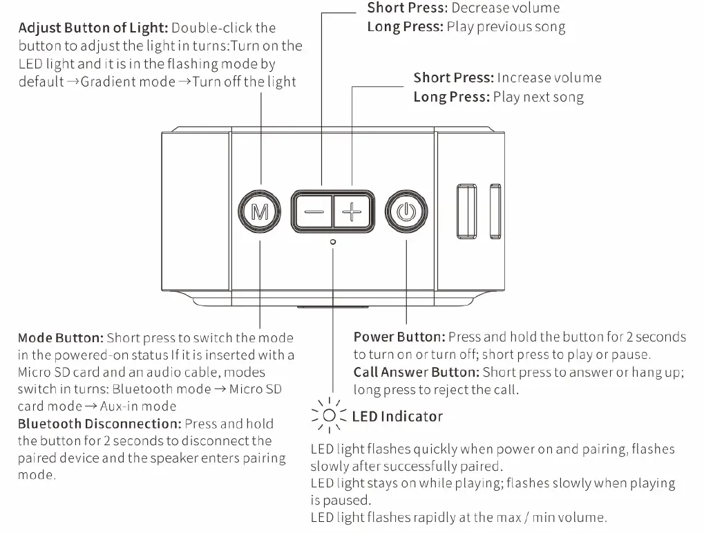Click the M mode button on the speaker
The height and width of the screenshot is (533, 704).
coord(259,211)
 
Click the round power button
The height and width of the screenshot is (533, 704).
coord(406,211)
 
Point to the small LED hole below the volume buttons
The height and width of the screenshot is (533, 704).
coord(333,242)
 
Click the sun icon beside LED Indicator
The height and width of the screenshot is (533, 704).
coord(330,415)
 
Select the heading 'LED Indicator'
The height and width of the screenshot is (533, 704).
coord(397,416)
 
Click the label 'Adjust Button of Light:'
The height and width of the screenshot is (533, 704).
coord(93,28)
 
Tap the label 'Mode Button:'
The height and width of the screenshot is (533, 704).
coord(61,338)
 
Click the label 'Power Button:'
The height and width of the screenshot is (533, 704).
coord(399,337)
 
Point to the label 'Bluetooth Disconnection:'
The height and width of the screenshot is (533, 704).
coord(98,424)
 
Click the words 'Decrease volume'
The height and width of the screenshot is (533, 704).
coord(506,8)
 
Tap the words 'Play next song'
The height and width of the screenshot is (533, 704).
coord(538,97)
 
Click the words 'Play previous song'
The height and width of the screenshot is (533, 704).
coord(506,27)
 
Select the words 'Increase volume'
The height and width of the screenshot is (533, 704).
coord(549,77)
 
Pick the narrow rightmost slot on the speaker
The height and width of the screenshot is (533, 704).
coord(495,212)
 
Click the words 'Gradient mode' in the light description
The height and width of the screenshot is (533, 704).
coord(128,82)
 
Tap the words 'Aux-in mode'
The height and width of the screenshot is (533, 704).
coord(138,406)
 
